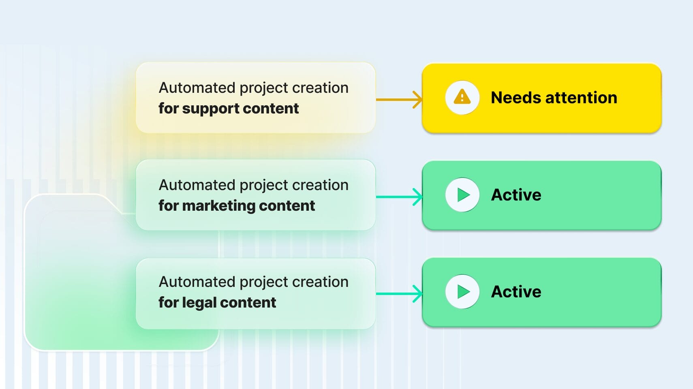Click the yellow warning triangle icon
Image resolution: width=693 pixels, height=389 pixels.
point(462,98)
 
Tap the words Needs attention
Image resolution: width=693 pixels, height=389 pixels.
point(554,98)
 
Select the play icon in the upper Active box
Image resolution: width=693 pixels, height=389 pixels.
point(462,195)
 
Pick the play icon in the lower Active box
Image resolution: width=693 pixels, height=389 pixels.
point(462,292)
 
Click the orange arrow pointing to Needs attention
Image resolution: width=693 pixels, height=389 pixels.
point(399,99)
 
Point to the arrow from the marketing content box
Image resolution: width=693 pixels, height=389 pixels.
point(399,197)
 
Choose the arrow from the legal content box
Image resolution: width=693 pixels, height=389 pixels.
point(399,294)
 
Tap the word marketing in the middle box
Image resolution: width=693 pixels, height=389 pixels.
point(218,206)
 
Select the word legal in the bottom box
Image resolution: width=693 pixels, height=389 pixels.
point(199,303)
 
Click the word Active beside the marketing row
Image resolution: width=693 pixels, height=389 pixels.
point(516,195)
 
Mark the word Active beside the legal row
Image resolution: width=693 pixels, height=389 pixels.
point(516,292)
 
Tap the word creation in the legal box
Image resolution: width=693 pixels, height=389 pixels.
point(320,282)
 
